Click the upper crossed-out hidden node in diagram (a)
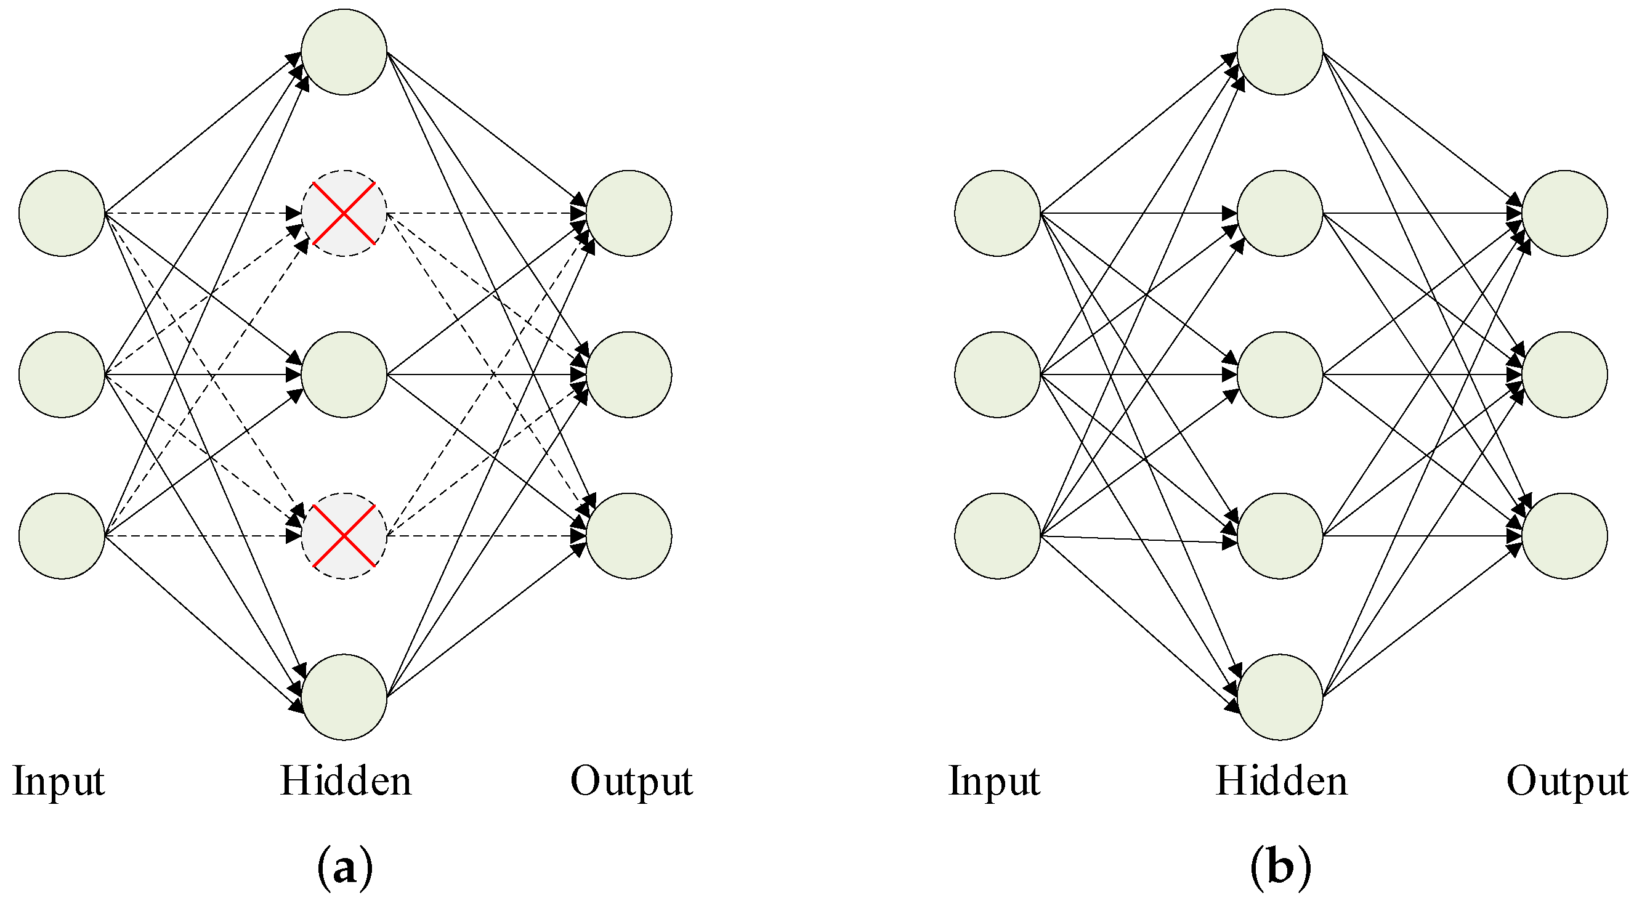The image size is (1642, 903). pyautogui.click(x=344, y=213)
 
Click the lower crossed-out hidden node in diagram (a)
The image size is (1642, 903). pyautogui.click(x=344, y=535)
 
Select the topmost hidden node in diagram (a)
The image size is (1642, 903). pyautogui.click(x=344, y=52)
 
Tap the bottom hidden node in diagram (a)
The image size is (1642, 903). pyautogui.click(x=344, y=697)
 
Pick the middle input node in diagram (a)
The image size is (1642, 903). pyautogui.click(x=62, y=374)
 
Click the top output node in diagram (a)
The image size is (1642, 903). pyautogui.click(x=628, y=213)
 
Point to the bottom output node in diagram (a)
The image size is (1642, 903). pyautogui.click(x=628, y=535)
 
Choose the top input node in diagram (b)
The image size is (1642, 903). pyautogui.click(x=997, y=213)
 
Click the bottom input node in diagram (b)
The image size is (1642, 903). pyautogui.click(x=997, y=535)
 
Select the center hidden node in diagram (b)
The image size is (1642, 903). pyautogui.click(x=1279, y=374)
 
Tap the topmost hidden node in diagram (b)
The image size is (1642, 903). pyautogui.click(x=1279, y=52)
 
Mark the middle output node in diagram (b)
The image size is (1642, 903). pyautogui.click(x=1564, y=374)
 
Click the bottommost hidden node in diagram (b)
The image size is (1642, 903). pyautogui.click(x=1279, y=697)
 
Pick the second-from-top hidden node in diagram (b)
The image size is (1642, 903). pyautogui.click(x=1279, y=213)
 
